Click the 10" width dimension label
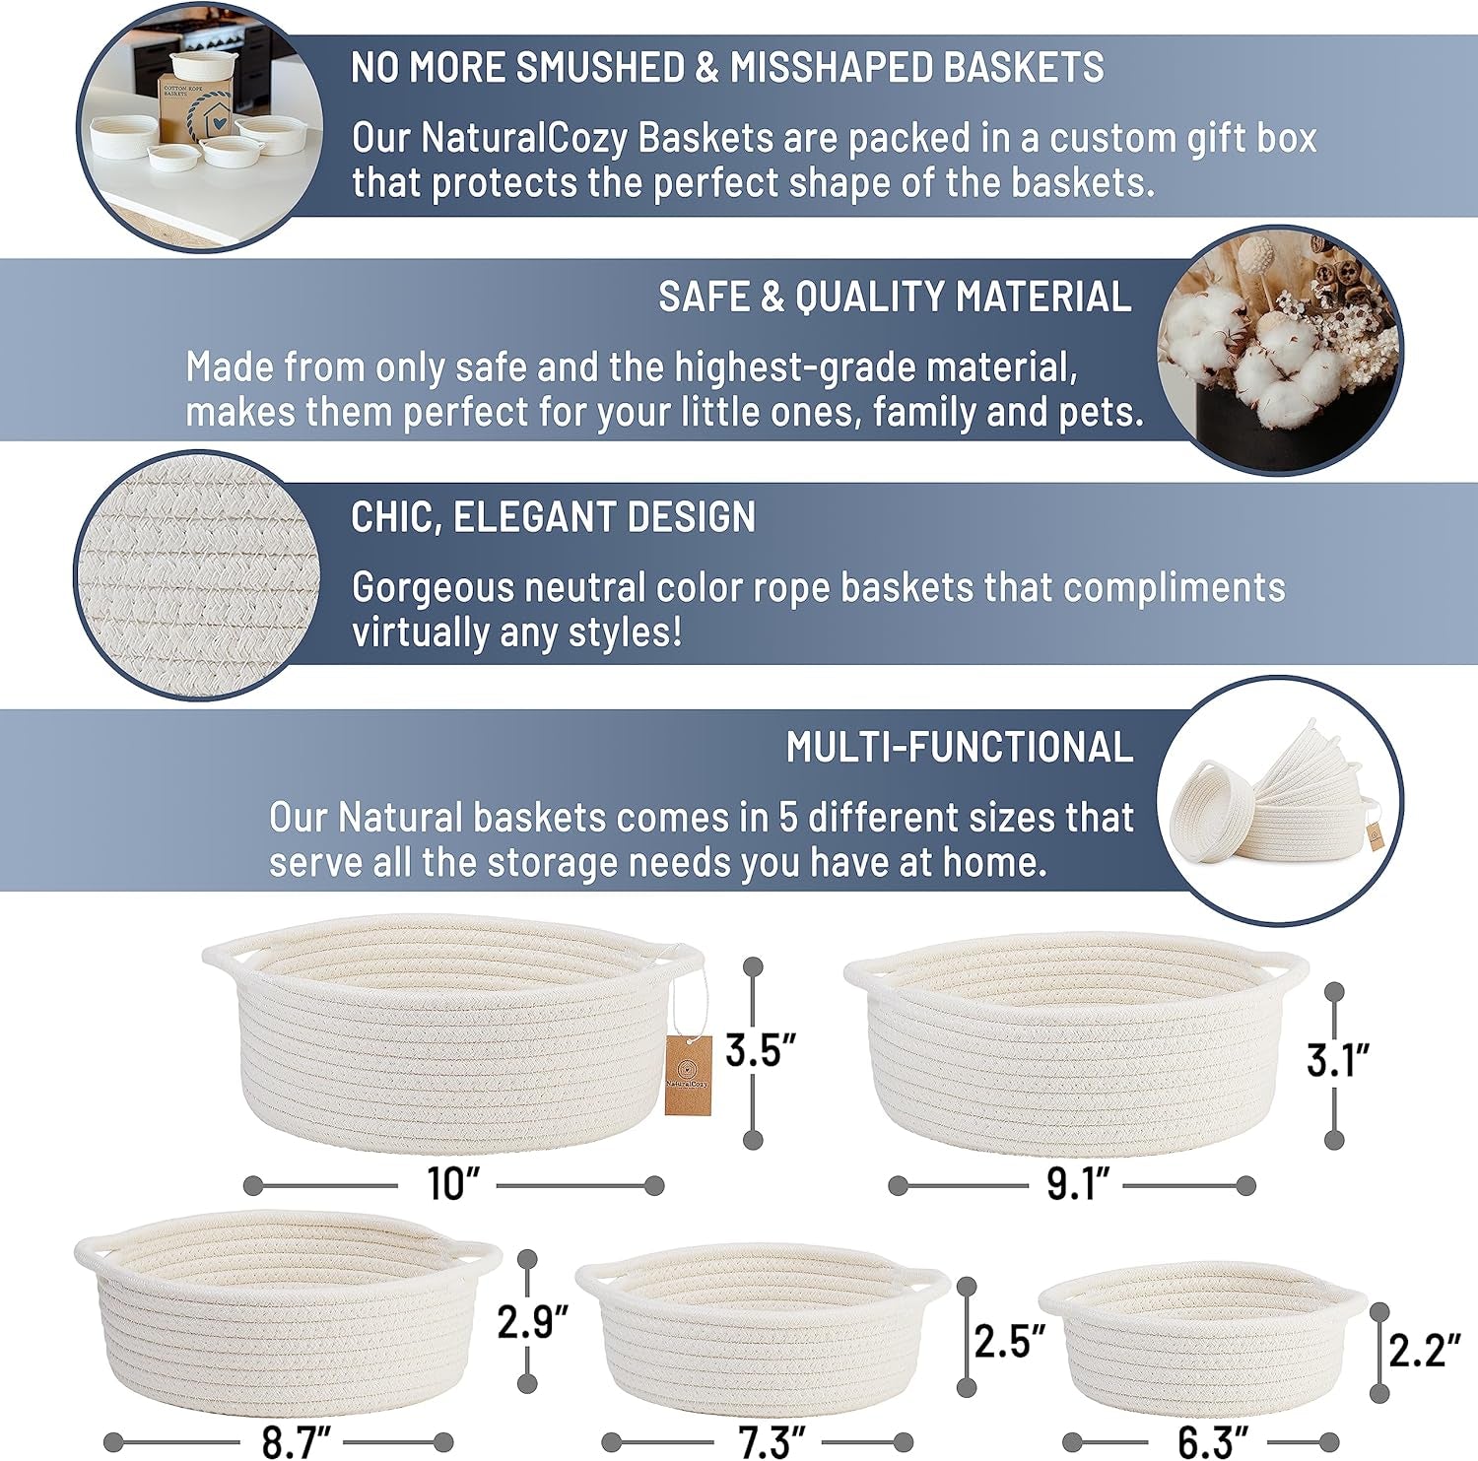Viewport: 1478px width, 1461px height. tap(452, 1183)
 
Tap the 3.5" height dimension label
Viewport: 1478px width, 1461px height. tap(760, 1050)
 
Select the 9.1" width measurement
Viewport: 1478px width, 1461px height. tap(1078, 1183)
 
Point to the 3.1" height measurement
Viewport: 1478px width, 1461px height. tap(1338, 1060)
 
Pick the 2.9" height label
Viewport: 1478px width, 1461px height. tap(533, 1321)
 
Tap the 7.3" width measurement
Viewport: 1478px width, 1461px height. tap(772, 1442)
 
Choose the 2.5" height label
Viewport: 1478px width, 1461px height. tap(1010, 1341)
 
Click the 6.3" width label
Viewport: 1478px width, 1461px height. tap(1213, 1442)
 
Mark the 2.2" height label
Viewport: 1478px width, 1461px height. tap(1424, 1350)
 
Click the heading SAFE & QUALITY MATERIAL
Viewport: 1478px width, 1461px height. tap(895, 297)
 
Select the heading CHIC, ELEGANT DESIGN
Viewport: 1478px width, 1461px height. tap(554, 517)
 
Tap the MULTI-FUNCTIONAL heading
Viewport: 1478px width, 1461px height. tap(960, 747)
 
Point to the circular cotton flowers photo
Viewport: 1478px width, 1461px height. tap(1279, 350)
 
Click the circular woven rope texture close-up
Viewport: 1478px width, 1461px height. tap(198, 575)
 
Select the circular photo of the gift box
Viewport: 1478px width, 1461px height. tap(200, 126)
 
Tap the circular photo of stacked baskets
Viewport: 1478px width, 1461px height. tap(1279, 799)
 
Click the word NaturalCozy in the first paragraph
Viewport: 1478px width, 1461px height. tap(524, 138)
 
